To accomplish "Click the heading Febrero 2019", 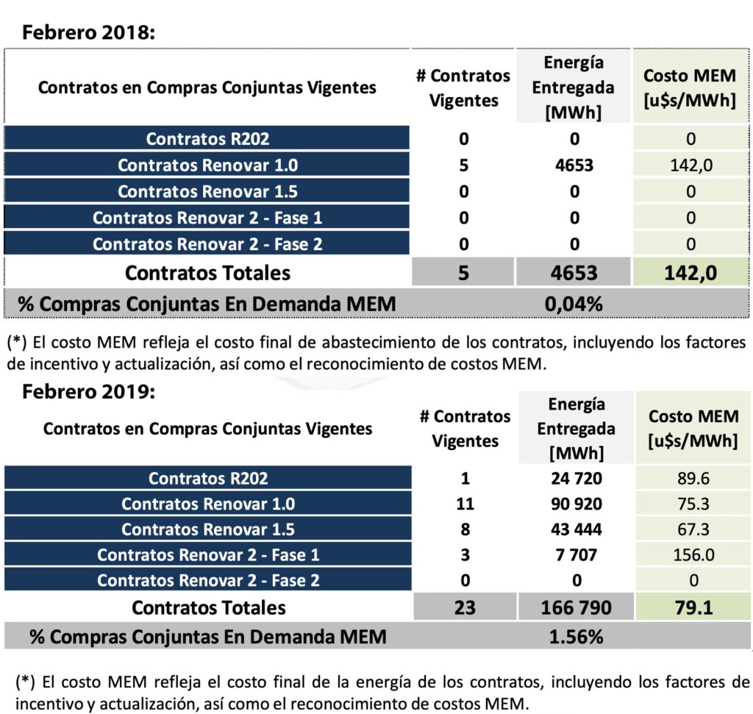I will click(x=89, y=390).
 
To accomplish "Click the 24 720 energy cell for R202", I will click(x=577, y=479).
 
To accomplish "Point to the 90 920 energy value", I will click(x=577, y=504).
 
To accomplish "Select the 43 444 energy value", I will click(x=577, y=529).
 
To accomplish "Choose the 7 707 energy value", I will click(x=577, y=554).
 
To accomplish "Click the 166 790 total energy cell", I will click(x=577, y=608).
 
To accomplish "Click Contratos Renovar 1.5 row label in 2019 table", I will click(x=208, y=529).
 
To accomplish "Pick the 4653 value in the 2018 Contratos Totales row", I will click(x=574, y=273).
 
